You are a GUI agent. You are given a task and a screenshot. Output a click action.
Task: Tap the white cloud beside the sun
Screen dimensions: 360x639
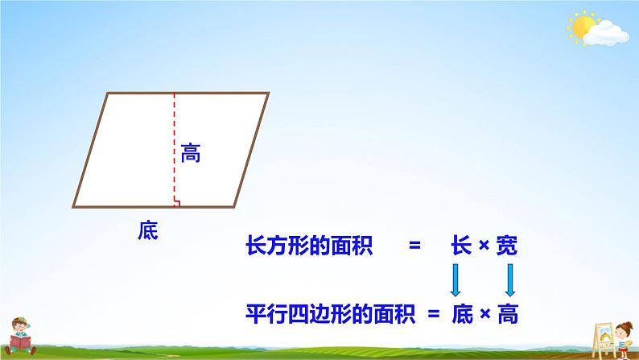click(605, 33)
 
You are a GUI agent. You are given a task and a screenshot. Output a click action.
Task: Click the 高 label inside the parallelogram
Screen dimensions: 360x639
click(190, 152)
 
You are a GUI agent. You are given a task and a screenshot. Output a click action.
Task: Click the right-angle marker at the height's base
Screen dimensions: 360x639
click(177, 202)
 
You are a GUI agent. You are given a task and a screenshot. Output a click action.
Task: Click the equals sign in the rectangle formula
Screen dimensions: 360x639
click(414, 248)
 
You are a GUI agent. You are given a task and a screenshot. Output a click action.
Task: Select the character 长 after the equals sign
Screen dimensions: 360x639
click(461, 248)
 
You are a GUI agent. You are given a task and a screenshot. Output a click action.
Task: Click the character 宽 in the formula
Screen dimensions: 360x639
click(506, 248)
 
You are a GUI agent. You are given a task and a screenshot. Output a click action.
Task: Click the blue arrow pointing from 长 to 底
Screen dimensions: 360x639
click(455, 279)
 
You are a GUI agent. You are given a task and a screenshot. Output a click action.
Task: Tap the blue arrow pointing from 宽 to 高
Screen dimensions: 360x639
click(510, 279)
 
